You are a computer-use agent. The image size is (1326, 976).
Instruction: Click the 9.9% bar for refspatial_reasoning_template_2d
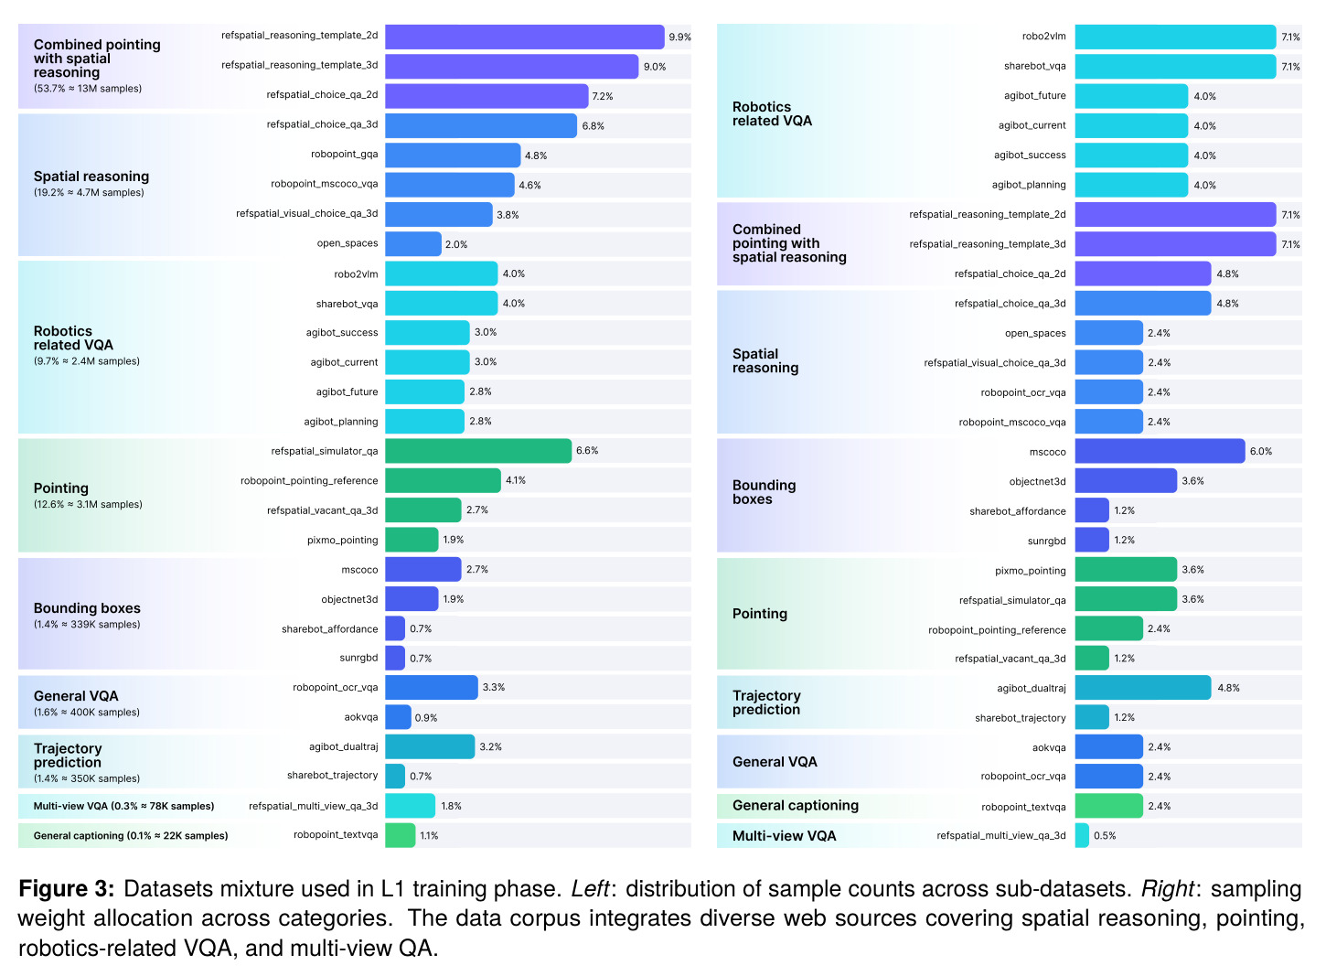[525, 37]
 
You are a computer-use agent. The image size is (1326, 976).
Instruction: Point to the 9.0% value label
[655, 67]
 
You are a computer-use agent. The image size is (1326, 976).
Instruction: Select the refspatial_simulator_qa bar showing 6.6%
[478, 451]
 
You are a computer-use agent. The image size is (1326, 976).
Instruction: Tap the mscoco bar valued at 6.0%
[1160, 451]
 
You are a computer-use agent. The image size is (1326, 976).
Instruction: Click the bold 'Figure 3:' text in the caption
[66, 889]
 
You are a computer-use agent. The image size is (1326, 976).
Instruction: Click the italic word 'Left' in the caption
[590, 889]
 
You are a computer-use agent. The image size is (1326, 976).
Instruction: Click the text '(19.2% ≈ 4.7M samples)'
[89, 192]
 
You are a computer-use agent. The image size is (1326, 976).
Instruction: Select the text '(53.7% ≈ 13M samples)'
[88, 89]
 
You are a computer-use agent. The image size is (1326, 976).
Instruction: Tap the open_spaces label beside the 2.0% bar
[348, 243]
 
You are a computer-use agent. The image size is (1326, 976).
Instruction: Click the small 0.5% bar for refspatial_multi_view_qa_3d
[1082, 836]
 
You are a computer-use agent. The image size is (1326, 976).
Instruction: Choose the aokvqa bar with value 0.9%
[398, 717]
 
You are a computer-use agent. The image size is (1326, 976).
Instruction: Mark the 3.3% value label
[494, 688]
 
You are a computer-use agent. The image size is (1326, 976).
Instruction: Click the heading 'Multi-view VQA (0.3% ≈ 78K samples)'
[123, 806]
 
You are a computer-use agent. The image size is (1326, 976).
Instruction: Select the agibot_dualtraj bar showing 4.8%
[1143, 688]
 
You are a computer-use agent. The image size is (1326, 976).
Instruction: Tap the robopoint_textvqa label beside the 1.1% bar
[336, 835]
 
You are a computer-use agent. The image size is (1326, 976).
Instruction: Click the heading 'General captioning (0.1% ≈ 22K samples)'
[131, 836]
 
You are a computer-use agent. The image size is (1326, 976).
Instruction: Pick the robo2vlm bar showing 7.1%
[1175, 37]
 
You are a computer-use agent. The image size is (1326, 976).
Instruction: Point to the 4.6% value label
[529, 186]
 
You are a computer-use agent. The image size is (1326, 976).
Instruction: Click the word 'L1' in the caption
[393, 889]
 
